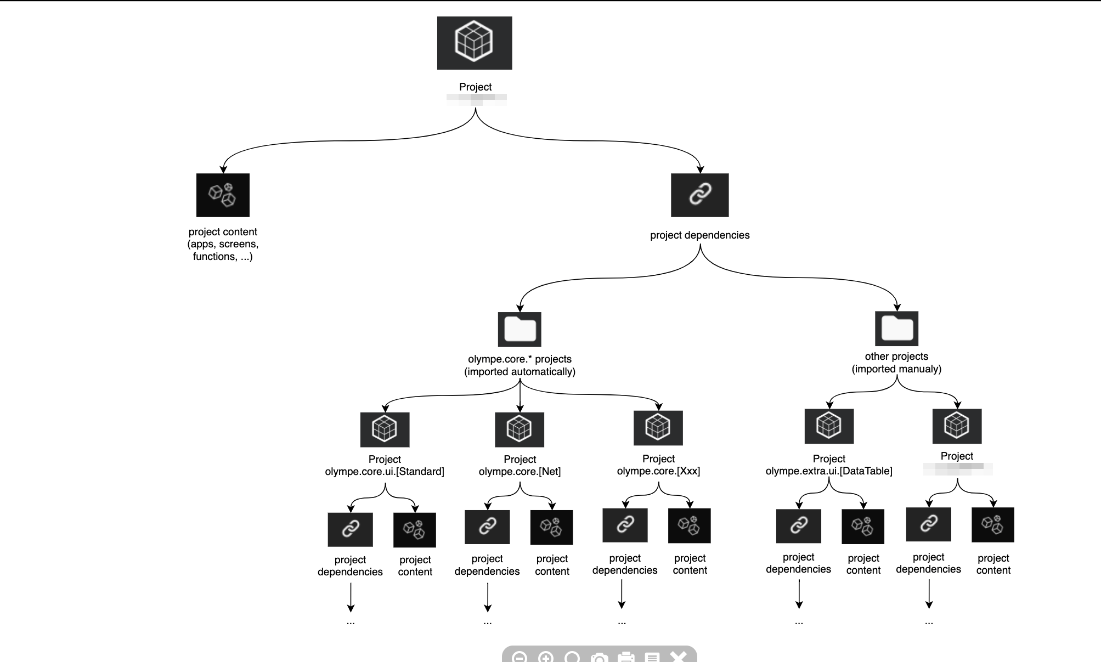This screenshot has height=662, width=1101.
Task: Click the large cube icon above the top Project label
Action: [x=475, y=43]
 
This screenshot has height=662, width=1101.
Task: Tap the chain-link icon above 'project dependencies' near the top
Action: [x=699, y=195]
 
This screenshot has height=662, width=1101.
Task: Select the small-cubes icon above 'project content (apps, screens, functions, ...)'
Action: [x=223, y=195]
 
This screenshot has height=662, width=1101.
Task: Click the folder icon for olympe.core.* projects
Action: [x=520, y=329]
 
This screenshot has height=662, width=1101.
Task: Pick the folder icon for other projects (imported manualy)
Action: [x=896, y=328]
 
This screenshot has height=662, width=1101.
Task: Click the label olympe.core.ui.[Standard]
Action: [x=385, y=472]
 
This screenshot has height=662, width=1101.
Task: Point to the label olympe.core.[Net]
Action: [x=520, y=472]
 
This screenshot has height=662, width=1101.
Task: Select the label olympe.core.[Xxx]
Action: [x=658, y=471]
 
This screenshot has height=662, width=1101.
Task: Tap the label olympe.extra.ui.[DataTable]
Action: [x=829, y=471]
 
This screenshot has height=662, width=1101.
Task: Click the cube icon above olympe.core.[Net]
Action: [x=520, y=429]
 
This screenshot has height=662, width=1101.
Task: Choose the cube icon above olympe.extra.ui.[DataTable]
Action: [x=829, y=426]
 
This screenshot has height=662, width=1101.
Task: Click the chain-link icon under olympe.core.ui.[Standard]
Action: [x=350, y=529]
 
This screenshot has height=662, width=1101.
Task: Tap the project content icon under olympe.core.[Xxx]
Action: [x=689, y=525]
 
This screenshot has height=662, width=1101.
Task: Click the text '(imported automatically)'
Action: [x=520, y=372]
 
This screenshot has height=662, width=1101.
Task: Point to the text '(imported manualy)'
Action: [x=896, y=369]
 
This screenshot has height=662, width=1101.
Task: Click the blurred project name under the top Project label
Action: [x=476, y=99]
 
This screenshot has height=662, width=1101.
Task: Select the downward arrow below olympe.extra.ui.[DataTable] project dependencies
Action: [x=799, y=594]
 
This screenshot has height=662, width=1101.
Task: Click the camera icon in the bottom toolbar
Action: [x=599, y=657]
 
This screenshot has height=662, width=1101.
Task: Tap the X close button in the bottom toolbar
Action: [x=679, y=657]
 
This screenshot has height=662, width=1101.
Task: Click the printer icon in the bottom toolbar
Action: [x=626, y=657]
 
